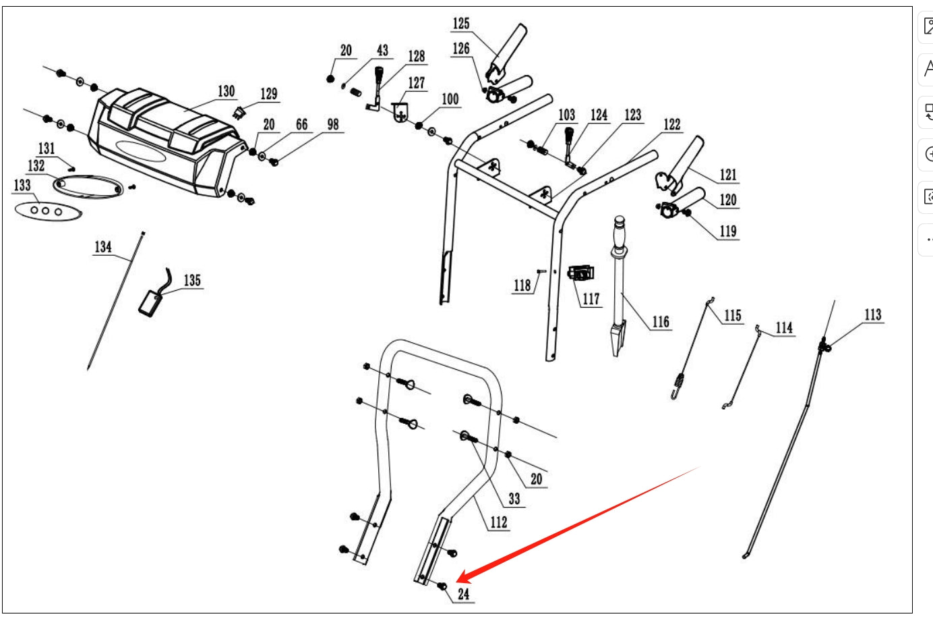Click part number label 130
(x=226, y=91)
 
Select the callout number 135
(x=192, y=280)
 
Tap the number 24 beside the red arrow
(x=464, y=595)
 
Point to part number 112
(x=499, y=522)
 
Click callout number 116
(x=661, y=322)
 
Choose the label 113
(x=873, y=314)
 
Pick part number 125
(x=461, y=24)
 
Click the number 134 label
(x=103, y=247)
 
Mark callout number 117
(x=591, y=299)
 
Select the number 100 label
(x=450, y=100)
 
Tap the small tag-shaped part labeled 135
(x=152, y=302)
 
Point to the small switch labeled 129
(x=239, y=113)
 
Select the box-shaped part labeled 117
(x=581, y=273)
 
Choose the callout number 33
(x=514, y=499)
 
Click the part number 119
(x=728, y=231)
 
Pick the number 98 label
(x=333, y=125)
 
